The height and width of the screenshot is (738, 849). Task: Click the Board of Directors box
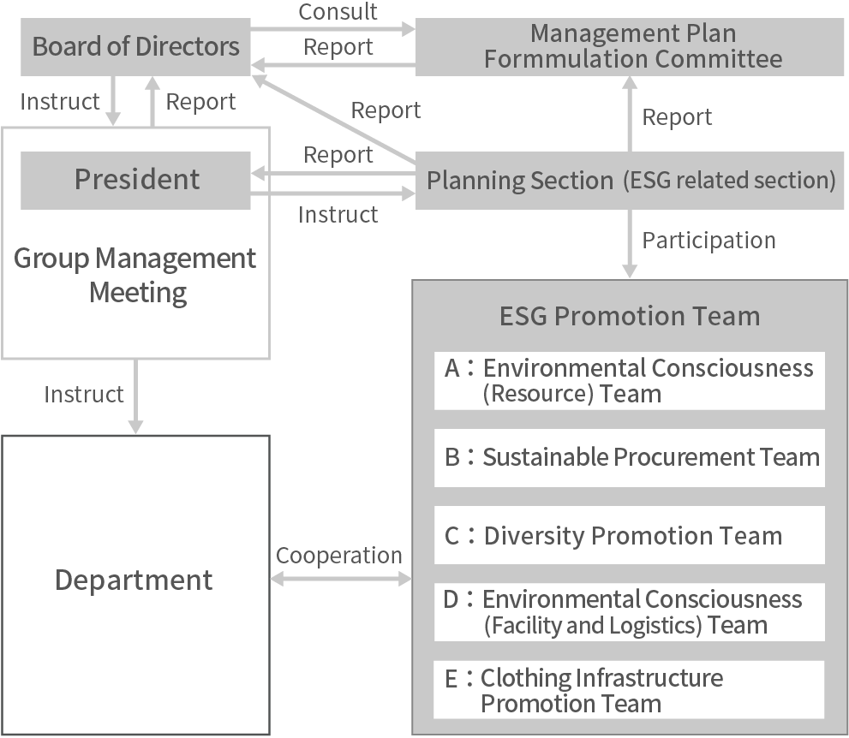pos(135,45)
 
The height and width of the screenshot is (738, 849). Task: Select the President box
pos(135,180)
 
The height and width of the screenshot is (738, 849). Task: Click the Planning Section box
pos(629,181)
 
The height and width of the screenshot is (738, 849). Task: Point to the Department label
pos(135,580)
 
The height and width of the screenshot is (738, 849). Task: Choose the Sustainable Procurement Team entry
pos(629,457)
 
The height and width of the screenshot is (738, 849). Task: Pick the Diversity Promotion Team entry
pos(629,535)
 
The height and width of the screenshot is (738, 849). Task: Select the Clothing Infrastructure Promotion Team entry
pos(629,690)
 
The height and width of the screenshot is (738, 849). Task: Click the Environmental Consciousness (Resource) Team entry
pos(629,380)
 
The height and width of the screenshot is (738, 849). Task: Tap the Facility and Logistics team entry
pos(629,611)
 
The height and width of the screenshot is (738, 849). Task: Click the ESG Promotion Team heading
pos(629,316)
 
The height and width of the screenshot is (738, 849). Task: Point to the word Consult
pos(338,12)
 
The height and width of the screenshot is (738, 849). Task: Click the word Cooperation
pos(339,556)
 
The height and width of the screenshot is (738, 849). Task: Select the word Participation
pos(708,241)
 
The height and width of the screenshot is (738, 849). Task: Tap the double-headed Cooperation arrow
pos(340,580)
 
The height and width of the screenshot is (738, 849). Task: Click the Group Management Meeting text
pos(135,275)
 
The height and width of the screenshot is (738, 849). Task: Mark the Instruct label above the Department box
pos(84,395)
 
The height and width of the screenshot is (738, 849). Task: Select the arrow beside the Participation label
pos(630,243)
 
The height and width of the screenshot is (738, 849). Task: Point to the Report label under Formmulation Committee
pos(677,117)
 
